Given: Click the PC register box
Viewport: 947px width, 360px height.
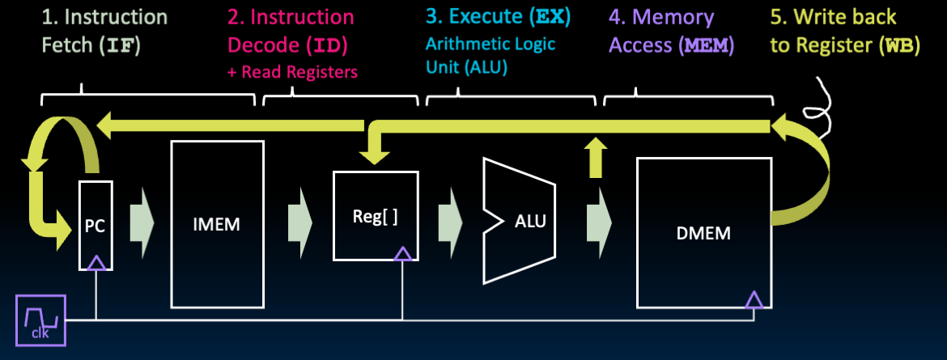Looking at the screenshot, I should click(x=96, y=224).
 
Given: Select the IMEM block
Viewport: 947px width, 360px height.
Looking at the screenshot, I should click(x=217, y=224).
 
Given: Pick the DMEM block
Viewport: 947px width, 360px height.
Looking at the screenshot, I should click(x=703, y=233).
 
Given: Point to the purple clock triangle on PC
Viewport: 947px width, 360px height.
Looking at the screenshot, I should click(x=96, y=261).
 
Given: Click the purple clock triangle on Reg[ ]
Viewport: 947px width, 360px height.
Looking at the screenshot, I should click(x=402, y=253).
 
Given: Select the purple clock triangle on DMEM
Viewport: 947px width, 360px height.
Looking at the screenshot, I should click(x=754, y=300).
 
